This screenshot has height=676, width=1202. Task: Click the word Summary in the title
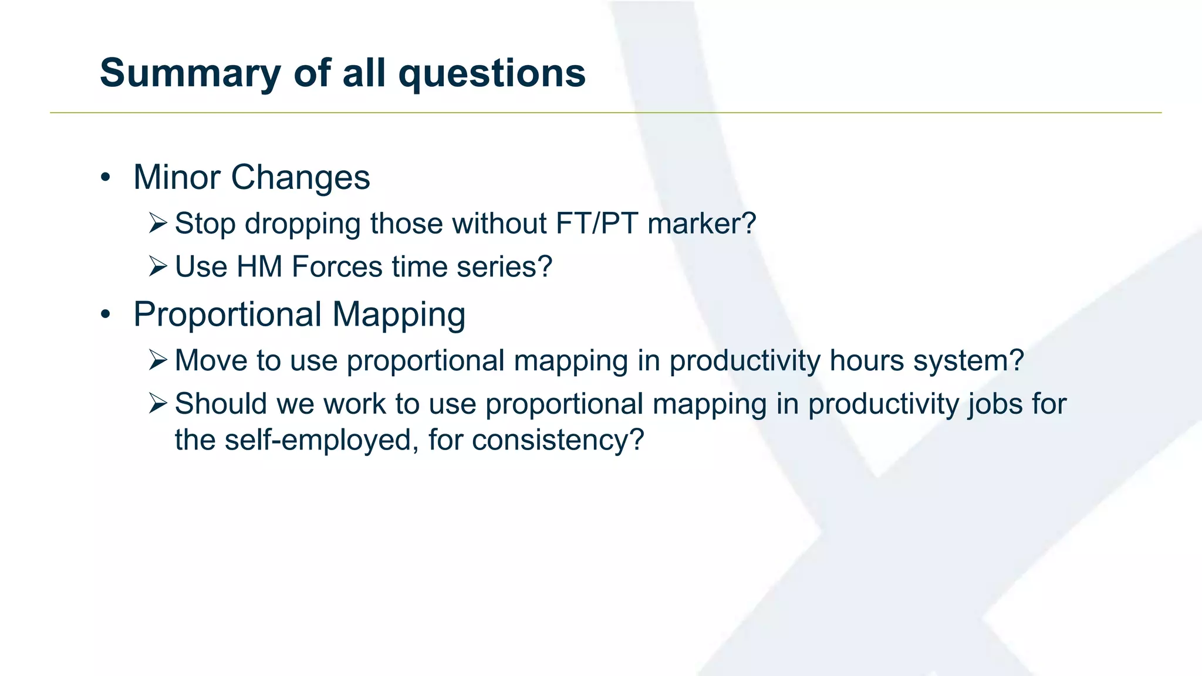tap(190, 74)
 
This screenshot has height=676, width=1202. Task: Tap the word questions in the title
tap(492, 74)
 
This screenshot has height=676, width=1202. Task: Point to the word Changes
tap(300, 177)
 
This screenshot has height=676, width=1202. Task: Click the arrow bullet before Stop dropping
tap(158, 223)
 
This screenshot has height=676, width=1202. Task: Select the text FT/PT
tap(596, 224)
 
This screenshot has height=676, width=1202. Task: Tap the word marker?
tap(702, 224)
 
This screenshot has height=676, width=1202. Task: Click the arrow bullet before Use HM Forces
tap(158, 266)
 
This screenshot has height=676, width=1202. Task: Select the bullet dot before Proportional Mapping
tap(105, 315)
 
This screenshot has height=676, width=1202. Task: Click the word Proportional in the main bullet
tap(227, 315)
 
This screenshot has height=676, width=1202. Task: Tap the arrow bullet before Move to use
tap(158, 360)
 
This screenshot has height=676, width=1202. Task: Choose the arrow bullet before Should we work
tap(158, 403)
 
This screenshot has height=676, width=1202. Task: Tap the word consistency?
tap(558, 440)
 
